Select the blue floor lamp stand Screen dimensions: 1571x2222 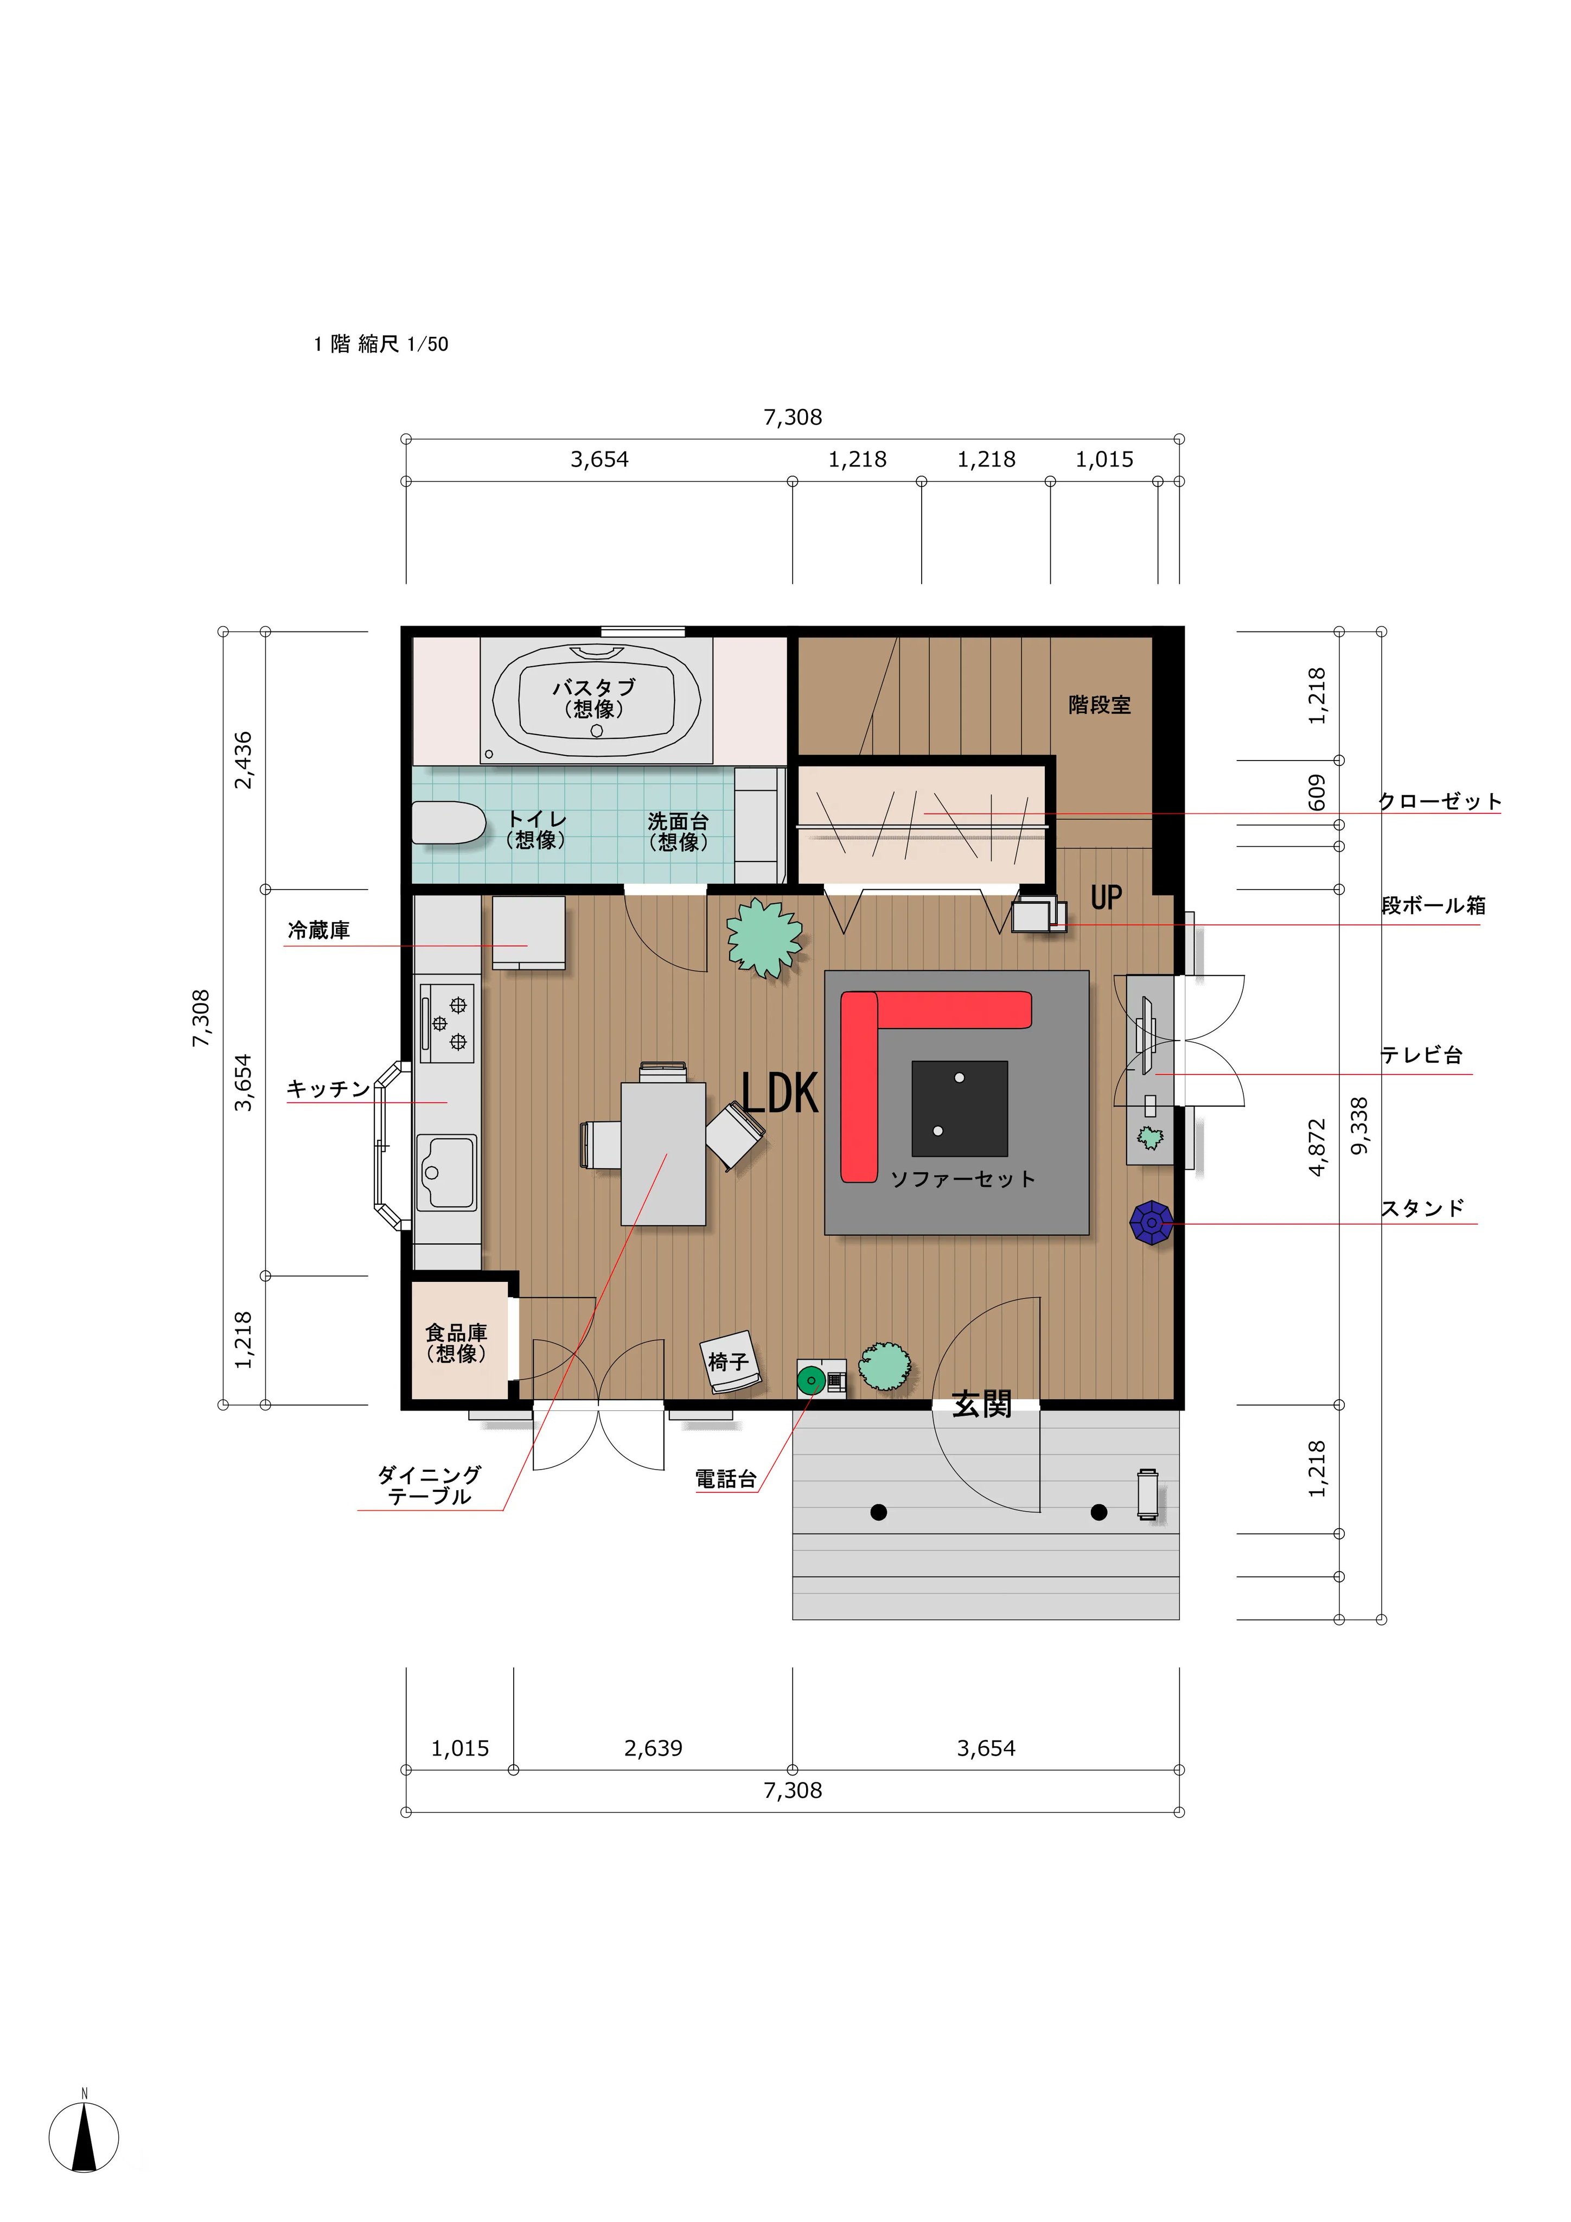(x=1151, y=1223)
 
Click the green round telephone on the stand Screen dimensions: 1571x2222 (x=810, y=1379)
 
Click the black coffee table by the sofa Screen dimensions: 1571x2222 (x=959, y=1108)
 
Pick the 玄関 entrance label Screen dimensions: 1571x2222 (x=981, y=1404)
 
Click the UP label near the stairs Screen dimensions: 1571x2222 (x=1107, y=898)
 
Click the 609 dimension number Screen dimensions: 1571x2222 (x=1317, y=793)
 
